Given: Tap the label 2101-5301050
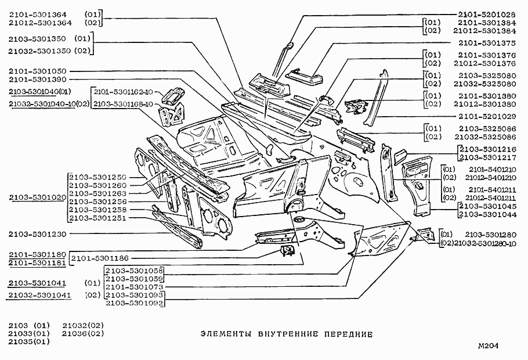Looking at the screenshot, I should pyautogui.click(x=38, y=71).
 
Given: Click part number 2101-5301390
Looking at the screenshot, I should pyautogui.click(x=38, y=79).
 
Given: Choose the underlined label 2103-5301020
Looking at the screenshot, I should pyautogui.click(x=38, y=197).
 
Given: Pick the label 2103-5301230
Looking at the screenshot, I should pyautogui.click(x=38, y=234).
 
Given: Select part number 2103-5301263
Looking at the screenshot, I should pyautogui.click(x=97, y=193).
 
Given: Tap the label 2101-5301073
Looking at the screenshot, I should pyautogui.click(x=135, y=287).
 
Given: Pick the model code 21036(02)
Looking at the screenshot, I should pyautogui.click(x=83, y=333).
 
